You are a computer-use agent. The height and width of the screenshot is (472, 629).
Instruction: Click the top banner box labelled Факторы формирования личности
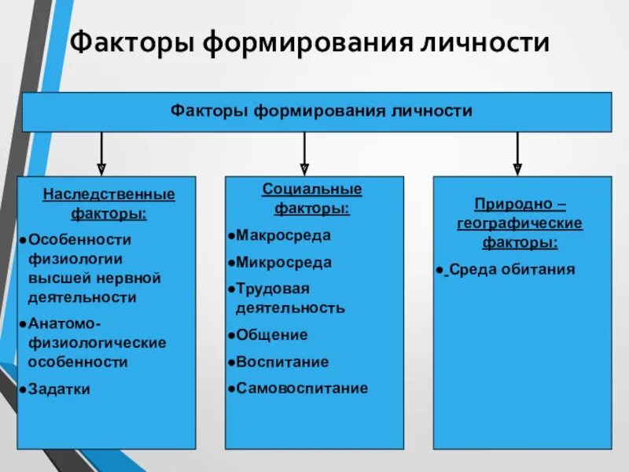click(317, 111)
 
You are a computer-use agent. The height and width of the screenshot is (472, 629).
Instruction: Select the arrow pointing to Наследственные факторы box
click(101, 153)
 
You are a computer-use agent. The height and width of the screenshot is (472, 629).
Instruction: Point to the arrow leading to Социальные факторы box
click(304, 153)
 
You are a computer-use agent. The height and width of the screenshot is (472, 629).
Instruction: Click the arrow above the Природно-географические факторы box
click(517, 153)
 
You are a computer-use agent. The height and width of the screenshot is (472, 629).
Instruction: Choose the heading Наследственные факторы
click(109, 203)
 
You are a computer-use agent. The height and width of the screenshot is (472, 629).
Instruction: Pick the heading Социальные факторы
click(312, 199)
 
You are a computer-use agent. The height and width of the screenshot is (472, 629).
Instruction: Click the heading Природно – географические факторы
click(520, 223)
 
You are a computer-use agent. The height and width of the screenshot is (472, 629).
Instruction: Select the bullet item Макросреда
click(283, 235)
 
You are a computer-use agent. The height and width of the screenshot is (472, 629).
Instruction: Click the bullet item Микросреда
click(283, 263)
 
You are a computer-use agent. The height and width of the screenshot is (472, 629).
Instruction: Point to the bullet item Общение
click(271, 335)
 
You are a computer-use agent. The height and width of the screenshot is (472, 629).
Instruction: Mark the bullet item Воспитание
click(282, 362)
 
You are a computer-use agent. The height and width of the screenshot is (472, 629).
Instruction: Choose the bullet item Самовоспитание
click(302, 388)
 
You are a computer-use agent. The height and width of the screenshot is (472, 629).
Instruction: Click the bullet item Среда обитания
click(511, 270)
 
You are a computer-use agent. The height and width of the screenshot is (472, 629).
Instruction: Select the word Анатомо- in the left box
click(64, 323)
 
